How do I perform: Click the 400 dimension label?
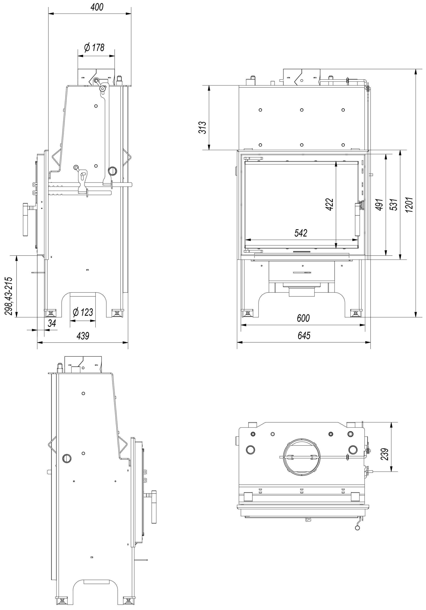(x=97, y=7)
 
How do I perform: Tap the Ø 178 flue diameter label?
(x=94, y=47)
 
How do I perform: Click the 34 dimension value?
(x=52, y=323)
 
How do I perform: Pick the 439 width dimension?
(x=83, y=336)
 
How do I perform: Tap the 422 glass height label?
(x=329, y=205)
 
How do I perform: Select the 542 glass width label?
(x=301, y=233)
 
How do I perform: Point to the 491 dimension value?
(x=379, y=205)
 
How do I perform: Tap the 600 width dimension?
(x=303, y=318)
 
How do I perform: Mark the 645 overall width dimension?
(x=304, y=336)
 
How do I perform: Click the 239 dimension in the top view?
(x=385, y=454)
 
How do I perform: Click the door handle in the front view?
(x=358, y=219)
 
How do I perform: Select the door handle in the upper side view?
(x=26, y=220)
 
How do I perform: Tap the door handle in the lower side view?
(x=154, y=507)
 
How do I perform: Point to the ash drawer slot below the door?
(x=302, y=272)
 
